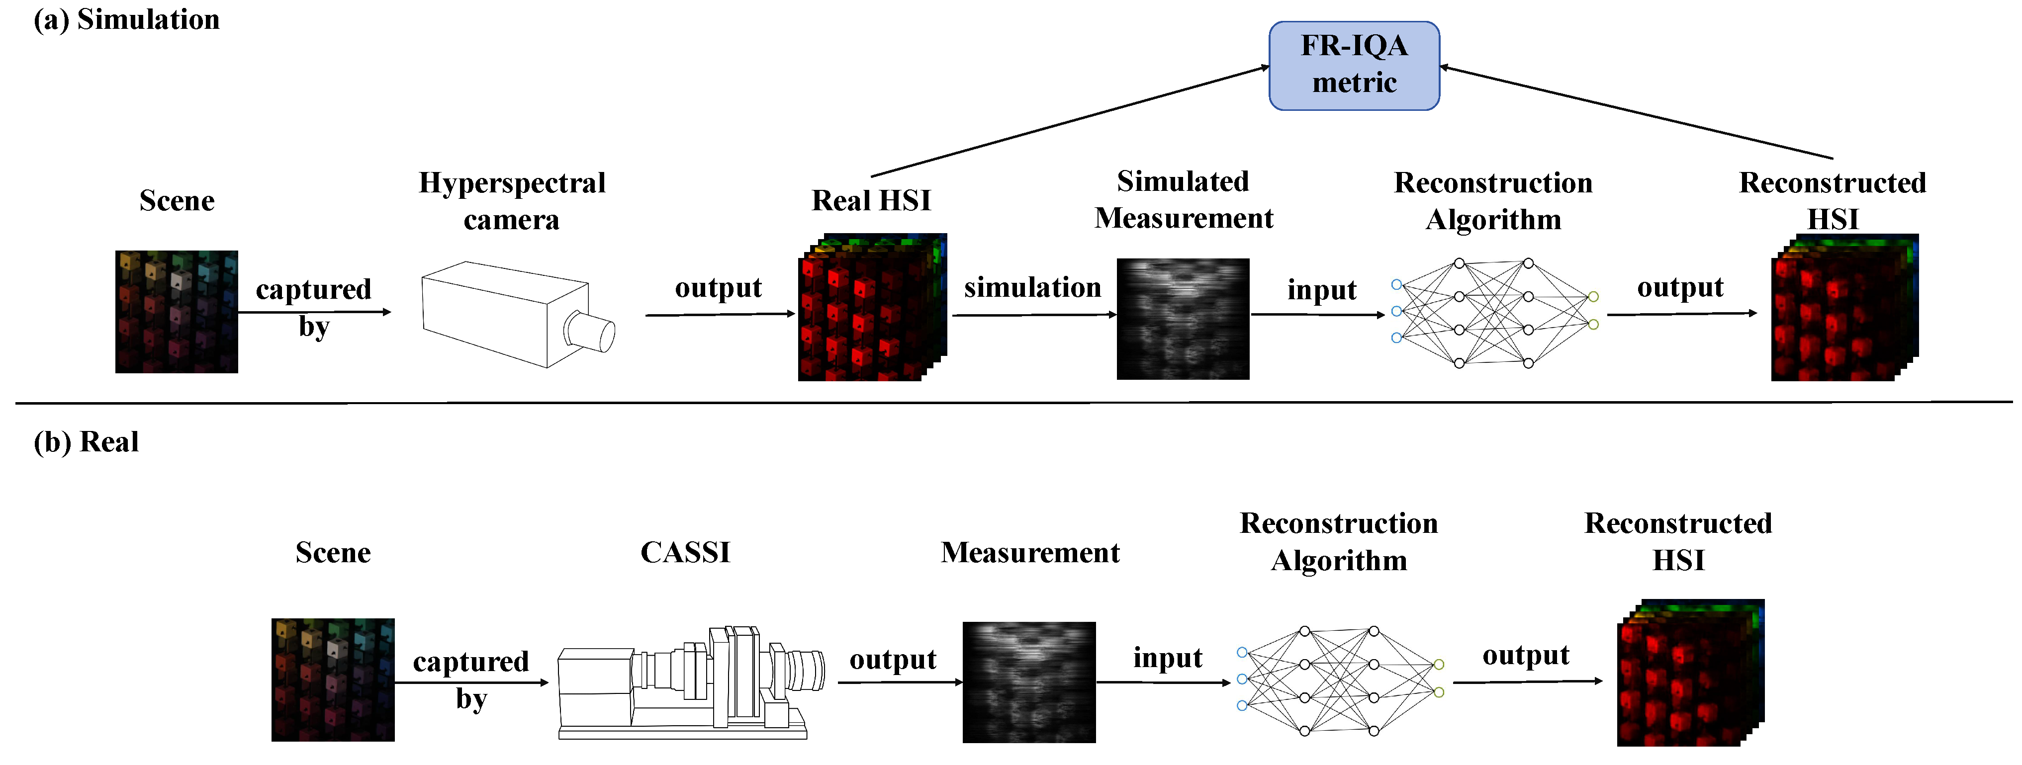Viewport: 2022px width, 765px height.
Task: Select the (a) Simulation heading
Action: tap(126, 19)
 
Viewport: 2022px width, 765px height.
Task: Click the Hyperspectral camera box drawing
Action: tap(502, 314)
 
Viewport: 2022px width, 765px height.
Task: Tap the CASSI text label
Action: tap(684, 552)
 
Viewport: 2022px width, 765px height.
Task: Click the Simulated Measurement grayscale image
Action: tap(1182, 319)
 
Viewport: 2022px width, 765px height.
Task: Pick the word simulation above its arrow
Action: tap(1032, 287)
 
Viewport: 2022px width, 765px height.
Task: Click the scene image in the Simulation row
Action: tap(177, 312)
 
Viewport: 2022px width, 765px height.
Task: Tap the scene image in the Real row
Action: tap(333, 680)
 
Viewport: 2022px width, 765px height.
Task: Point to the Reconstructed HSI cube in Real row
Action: tap(1688, 673)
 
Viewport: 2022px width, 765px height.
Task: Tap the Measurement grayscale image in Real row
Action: tap(1028, 682)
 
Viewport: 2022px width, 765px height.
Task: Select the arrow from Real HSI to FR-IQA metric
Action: tap(1068, 122)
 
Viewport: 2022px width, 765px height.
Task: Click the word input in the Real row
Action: tap(1167, 658)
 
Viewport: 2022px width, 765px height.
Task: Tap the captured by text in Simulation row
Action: tap(313, 307)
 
